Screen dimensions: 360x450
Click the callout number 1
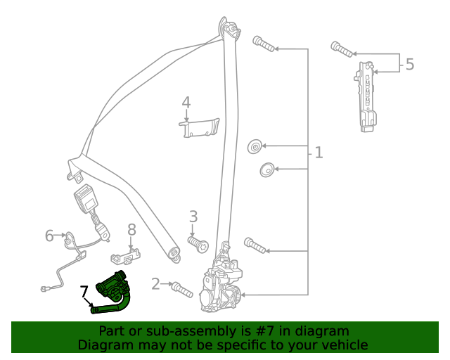click(x=319, y=153)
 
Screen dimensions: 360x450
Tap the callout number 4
click(x=186, y=103)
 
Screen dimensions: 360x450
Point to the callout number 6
click(x=49, y=235)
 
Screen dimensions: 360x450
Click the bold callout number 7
click(x=84, y=290)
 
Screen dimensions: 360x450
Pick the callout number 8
click(x=131, y=229)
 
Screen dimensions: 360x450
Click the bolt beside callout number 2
click(x=181, y=288)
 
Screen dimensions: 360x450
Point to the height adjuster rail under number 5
click(x=366, y=96)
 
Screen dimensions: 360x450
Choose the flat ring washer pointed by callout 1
click(x=254, y=146)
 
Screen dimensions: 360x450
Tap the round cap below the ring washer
click(x=265, y=169)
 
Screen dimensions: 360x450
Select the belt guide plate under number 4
click(x=200, y=127)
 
